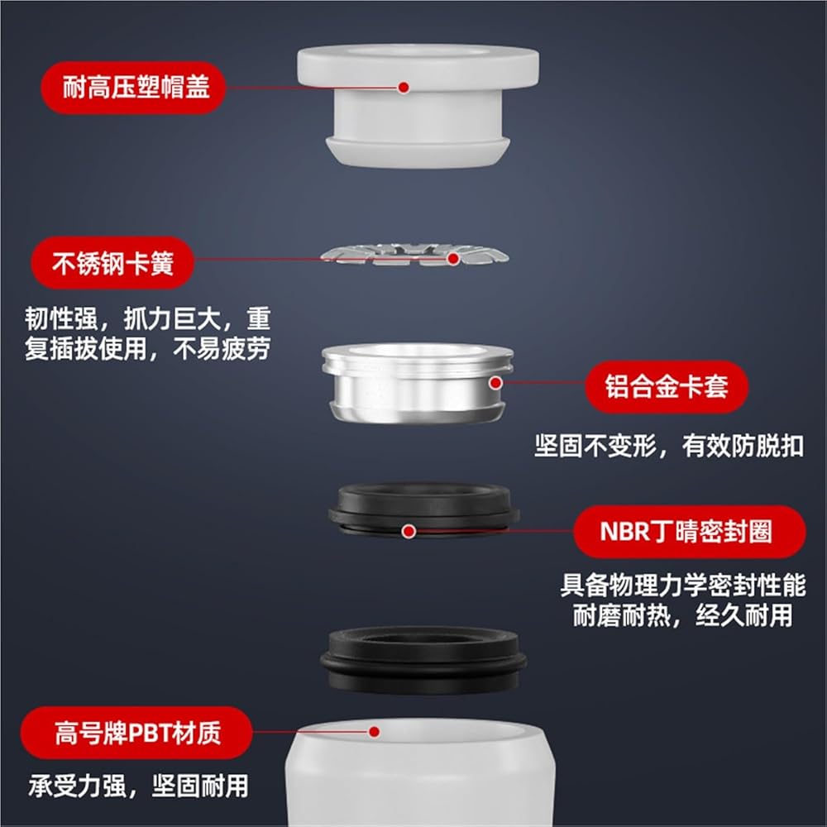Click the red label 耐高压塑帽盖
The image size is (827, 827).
click(133, 88)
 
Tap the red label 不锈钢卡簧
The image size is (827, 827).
click(112, 263)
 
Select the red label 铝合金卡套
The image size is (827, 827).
click(667, 386)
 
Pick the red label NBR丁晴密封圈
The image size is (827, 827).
click(690, 532)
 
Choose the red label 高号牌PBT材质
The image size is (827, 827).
click(136, 733)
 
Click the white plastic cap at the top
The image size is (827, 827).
click(418, 106)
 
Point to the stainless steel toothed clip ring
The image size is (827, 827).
click(414, 255)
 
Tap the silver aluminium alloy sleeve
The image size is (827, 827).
click(417, 383)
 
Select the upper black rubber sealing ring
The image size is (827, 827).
click(423, 510)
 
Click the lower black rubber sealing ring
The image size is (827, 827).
click(423, 659)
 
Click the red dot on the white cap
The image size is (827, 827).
click(404, 88)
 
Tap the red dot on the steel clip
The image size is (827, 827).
click(453, 258)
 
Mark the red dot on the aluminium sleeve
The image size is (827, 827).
click(495, 384)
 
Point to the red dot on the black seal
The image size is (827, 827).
click(409, 532)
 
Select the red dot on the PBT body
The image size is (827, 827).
click(375, 732)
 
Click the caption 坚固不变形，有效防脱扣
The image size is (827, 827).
click(669, 447)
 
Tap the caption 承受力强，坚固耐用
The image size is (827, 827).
click(139, 786)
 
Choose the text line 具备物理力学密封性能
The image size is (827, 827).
click(683, 586)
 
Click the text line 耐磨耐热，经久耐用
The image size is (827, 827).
click(683, 615)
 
